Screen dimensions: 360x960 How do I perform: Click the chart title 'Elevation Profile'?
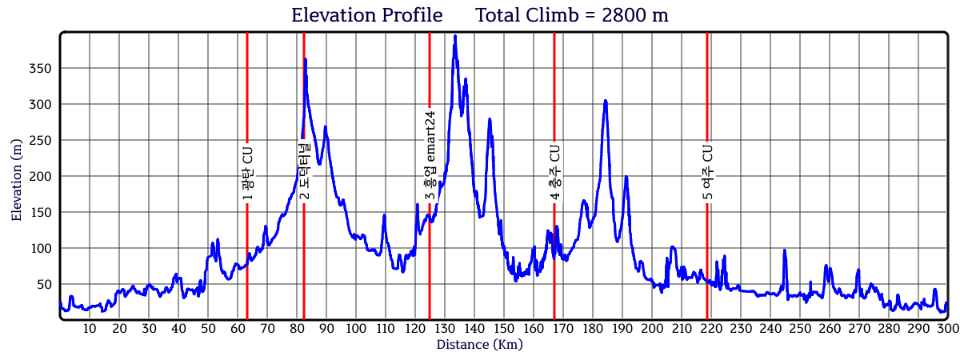(x=366, y=15)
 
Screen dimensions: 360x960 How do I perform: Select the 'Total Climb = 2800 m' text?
(x=572, y=15)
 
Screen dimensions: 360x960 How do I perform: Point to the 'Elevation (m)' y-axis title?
(x=17, y=177)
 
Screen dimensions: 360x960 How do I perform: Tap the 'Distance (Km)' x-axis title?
(x=480, y=345)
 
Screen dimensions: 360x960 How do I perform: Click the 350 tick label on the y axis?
(x=40, y=69)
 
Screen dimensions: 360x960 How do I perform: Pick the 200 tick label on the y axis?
(x=40, y=177)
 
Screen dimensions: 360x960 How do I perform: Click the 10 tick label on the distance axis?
(x=90, y=329)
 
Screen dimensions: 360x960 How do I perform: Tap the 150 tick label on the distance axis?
(x=503, y=329)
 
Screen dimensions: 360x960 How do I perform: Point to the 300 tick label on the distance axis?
(x=947, y=329)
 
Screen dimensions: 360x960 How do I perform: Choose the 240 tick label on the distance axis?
(x=770, y=329)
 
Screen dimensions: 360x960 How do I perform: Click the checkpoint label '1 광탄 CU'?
(x=247, y=173)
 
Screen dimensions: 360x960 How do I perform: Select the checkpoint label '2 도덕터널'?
(x=304, y=171)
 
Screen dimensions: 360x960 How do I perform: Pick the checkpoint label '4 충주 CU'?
(x=554, y=172)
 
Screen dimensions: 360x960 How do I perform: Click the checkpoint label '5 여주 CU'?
(x=707, y=172)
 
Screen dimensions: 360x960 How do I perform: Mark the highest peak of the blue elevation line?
(x=455, y=36)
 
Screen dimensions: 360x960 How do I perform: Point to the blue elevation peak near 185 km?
(x=606, y=101)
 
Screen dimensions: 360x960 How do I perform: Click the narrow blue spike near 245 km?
(x=784, y=250)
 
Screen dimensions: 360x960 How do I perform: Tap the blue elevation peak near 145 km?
(x=490, y=119)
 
